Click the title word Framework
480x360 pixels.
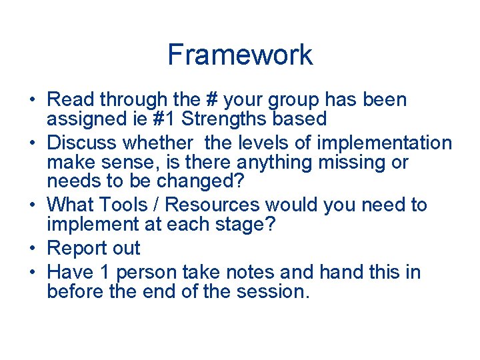point(240,55)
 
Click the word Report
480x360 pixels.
point(78,249)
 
